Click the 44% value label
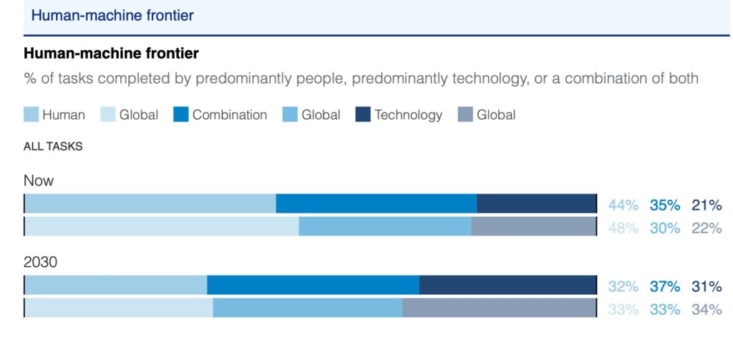pos(623,205)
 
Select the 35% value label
pos(665,205)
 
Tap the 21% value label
pos(707,205)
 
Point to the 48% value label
pos(623,228)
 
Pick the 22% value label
pos(707,228)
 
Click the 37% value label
pos(665,287)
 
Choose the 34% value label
pos(707,310)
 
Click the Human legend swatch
pos(31,115)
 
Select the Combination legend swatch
pos(180,115)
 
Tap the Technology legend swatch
pos(362,115)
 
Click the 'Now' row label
pos(39,180)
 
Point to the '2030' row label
pos(40,263)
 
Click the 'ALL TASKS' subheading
pos(53,147)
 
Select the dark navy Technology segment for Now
pos(536,203)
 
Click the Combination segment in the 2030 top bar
pos(313,285)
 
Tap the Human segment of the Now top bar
pos(150,203)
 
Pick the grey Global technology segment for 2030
pos(499,308)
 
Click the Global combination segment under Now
pos(385,226)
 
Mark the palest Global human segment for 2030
pos(119,308)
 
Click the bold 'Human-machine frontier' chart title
pos(111,54)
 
